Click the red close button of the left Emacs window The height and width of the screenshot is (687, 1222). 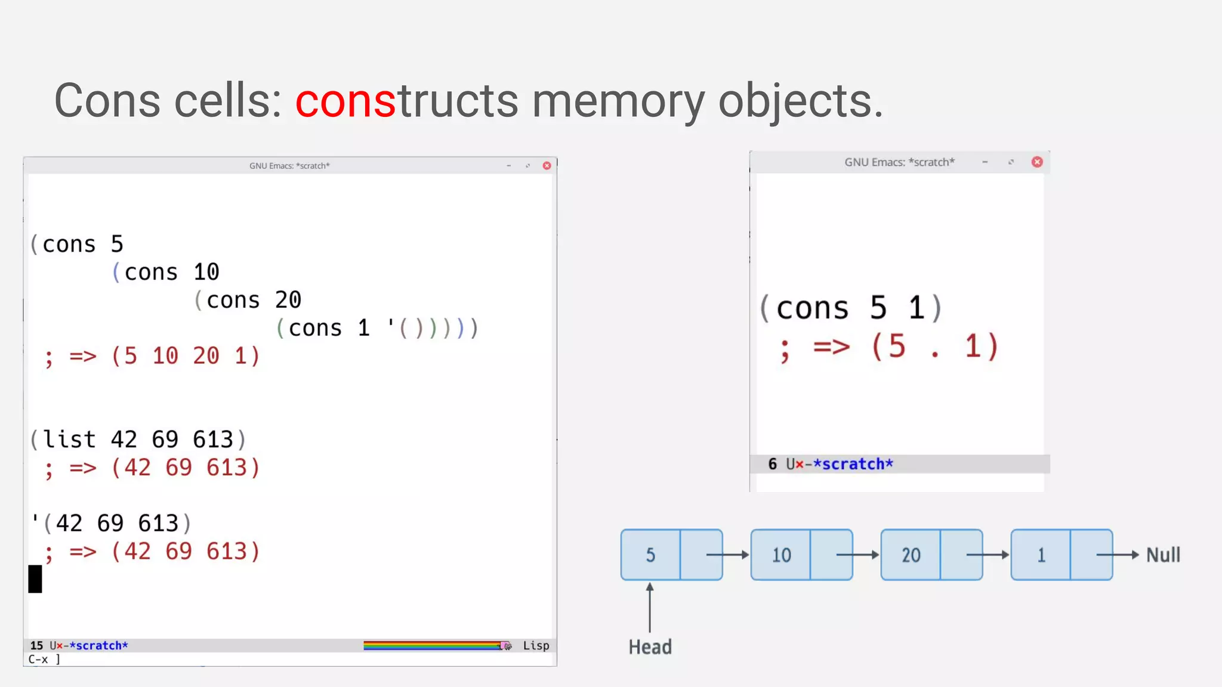(547, 166)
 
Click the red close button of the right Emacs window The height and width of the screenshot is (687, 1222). (1037, 162)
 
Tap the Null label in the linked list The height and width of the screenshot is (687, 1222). (1163, 555)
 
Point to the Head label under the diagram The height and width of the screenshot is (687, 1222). (650, 647)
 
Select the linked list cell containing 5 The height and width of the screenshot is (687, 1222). (650, 555)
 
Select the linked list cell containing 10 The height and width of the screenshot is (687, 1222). (781, 555)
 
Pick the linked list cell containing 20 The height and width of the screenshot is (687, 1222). (911, 555)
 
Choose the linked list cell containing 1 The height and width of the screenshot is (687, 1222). (1041, 555)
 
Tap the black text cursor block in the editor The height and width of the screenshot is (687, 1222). (35, 579)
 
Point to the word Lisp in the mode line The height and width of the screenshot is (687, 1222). (536, 645)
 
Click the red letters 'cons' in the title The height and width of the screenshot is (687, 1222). (345, 101)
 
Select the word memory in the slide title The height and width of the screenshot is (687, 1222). (618, 101)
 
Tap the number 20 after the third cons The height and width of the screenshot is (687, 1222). (288, 300)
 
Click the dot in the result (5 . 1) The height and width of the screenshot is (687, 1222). (935, 354)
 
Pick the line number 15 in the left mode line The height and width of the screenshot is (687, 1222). (37, 645)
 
